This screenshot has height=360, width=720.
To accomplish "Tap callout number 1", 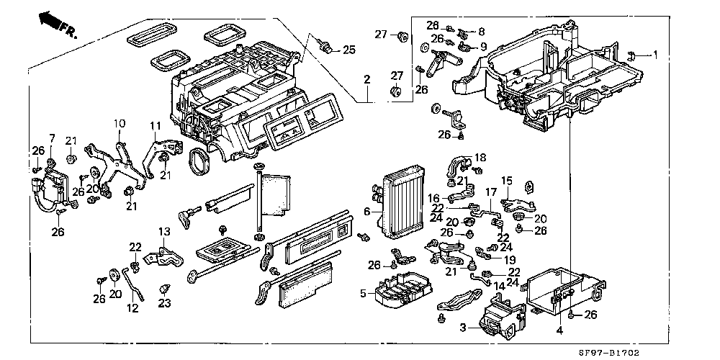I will (655, 54).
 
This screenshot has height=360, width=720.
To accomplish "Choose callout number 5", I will (364, 293).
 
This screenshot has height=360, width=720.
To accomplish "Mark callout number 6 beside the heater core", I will (366, 211).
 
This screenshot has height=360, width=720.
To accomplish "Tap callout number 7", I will (52, 138).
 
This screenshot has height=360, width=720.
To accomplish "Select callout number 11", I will (153, 126).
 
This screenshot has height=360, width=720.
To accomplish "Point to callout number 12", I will (132, 307).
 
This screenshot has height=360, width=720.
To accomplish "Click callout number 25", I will (349, 50).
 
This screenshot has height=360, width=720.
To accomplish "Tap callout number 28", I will (453, 25).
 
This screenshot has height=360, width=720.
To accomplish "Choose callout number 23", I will (165, 303).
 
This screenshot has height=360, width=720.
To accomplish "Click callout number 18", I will (480, 156).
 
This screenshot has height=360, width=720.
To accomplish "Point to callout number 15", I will (506, 181).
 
